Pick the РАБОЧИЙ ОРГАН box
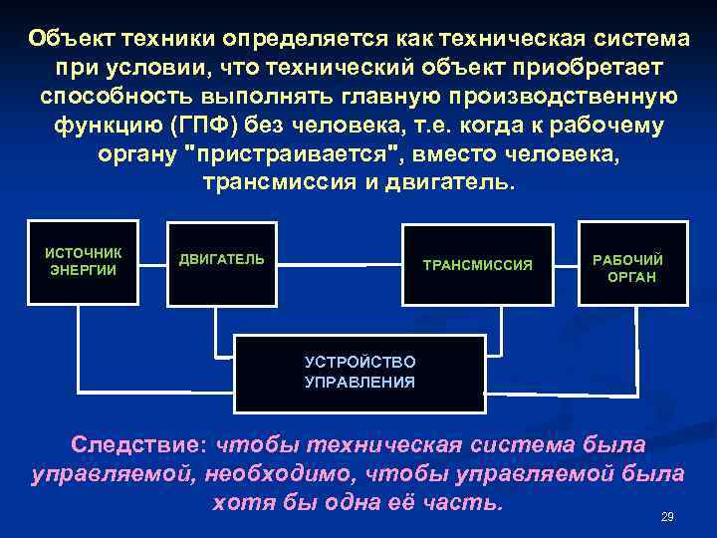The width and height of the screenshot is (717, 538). click(633, 267)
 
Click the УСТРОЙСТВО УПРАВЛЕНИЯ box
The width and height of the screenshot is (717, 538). click(359, 372)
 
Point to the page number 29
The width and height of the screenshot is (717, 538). click(667, 517)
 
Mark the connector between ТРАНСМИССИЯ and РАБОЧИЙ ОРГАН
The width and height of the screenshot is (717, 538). click(567, 268)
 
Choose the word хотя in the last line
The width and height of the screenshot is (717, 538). click(240, 501)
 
